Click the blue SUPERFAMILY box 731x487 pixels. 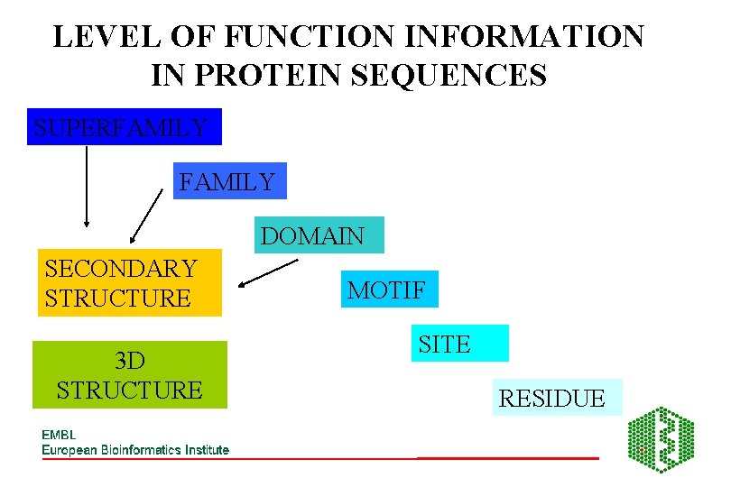[124, 127]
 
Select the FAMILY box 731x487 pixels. [229, 181]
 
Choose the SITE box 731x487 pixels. [459, 344]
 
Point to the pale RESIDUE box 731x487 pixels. [557, 398]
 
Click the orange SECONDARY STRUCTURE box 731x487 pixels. [129, 282]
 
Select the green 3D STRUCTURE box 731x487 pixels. [129, 375]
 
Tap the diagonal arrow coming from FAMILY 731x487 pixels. [146, 217]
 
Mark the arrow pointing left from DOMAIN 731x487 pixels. [268, 274]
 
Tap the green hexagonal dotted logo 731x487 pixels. [661, 440]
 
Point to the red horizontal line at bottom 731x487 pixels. [507, 458]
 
